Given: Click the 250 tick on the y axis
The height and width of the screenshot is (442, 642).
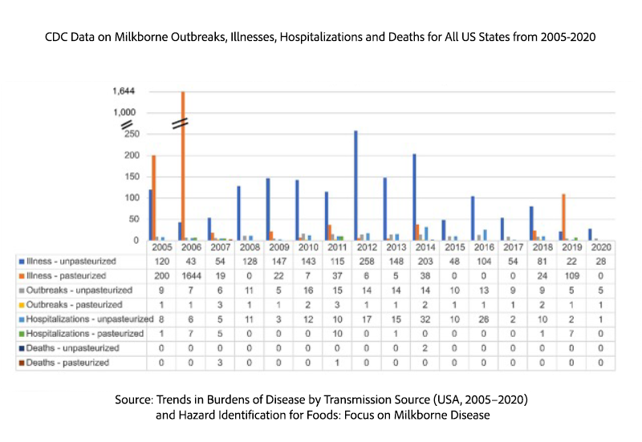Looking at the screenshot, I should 128,134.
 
